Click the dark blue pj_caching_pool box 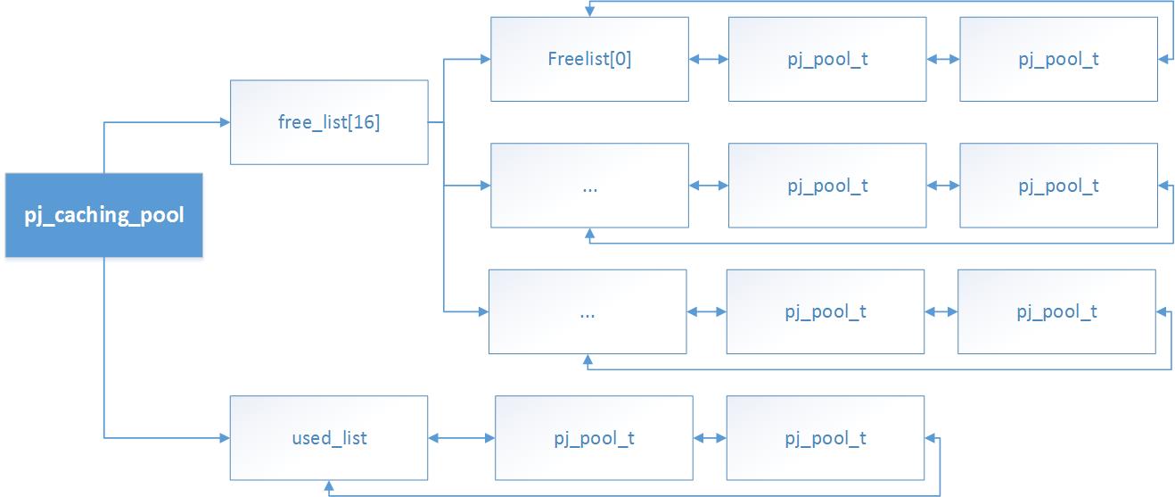click(104, 216)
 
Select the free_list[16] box click(329, 122)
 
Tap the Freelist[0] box click(589, 60)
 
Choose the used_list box click(329, 438)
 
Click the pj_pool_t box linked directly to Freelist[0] click(827, 60)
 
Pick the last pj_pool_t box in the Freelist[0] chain click(1058, 60)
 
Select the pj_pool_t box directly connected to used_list click(594, 438)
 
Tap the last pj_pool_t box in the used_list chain click(826, 438)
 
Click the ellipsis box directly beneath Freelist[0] click(589, 186)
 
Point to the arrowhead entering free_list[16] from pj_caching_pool click(224, 122)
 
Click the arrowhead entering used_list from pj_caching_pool click(224, 438)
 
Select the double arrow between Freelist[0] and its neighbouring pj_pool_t click(709, 60)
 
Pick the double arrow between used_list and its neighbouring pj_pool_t click(462, 438)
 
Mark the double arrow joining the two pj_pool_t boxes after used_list click(710, 438)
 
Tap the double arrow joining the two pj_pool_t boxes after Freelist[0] click(943, 60)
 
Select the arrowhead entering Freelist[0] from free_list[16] click(484, 60)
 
